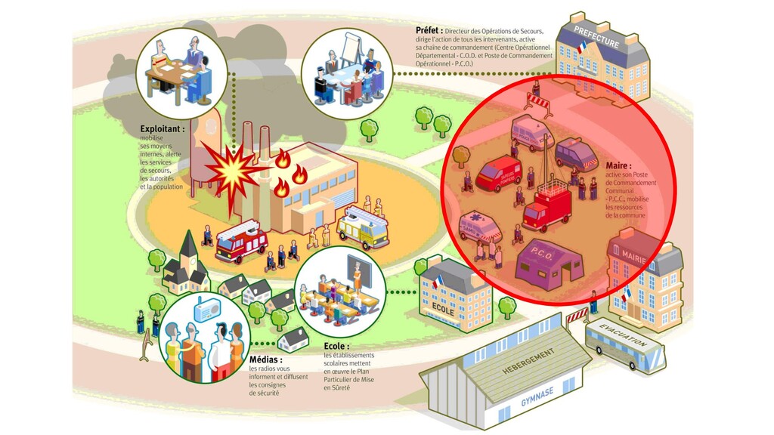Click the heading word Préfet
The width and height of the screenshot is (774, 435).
coord(429,30)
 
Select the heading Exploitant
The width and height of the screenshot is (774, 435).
coord(162,129)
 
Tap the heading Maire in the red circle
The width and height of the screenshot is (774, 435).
coord(618,165)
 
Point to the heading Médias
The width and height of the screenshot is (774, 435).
coord(265,359)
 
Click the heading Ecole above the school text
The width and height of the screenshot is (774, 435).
coord(336,347)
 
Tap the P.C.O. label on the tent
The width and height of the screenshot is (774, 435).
coord(542,254)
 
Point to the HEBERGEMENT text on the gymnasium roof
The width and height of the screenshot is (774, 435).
coord(528,362)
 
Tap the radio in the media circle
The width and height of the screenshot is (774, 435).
coord(206,310)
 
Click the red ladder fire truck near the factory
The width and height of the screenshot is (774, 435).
coord(242,240)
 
